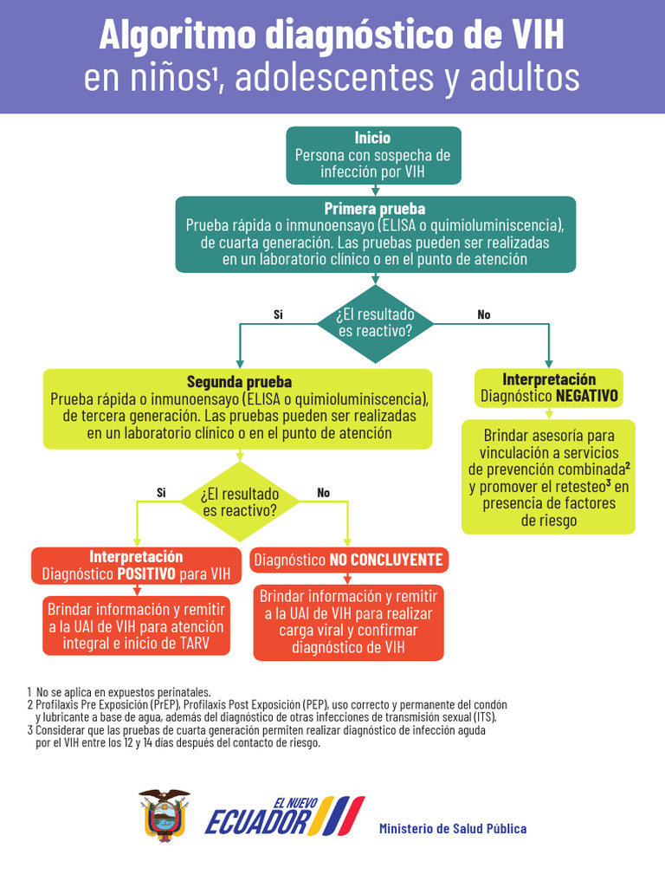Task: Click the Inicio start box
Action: point(372,155)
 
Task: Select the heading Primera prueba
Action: point(374,209)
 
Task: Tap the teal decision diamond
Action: point(376,323)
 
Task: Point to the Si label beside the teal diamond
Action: point(278,315)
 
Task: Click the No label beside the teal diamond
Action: point(484,315)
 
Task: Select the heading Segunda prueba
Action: point(239,382)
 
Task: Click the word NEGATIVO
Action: point(587,396)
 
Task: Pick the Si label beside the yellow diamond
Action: point(161,493)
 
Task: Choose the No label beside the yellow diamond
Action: point(324,493)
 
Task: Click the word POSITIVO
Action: point(146,573)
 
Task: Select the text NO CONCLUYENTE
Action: point(386,560)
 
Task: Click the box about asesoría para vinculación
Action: point(548,476)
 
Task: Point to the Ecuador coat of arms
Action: point(164,815)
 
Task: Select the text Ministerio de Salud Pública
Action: point(452,829)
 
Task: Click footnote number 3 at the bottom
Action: point(30,730)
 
